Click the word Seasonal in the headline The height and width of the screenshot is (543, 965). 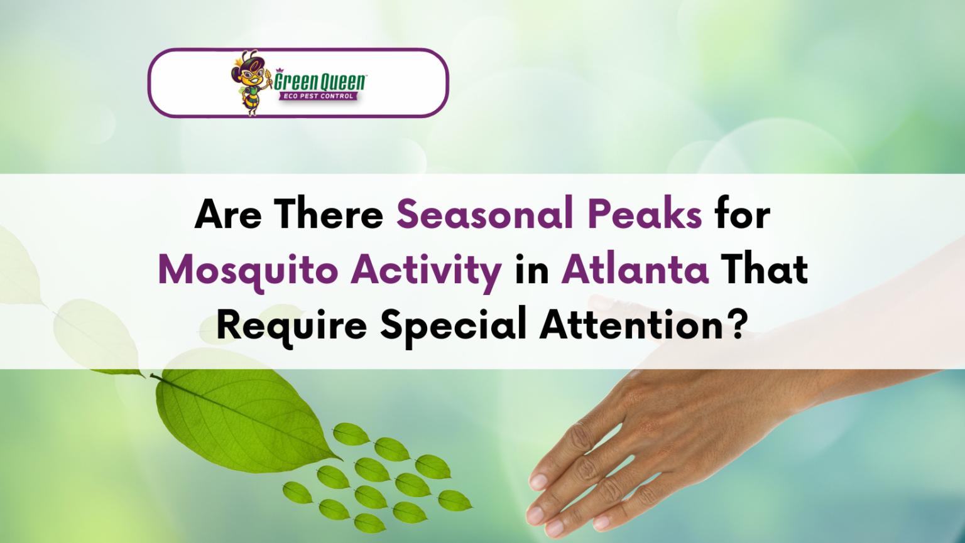coord(486,214)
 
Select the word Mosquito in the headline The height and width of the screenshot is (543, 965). coord(248,271)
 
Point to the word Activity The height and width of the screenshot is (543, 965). coord(426,271)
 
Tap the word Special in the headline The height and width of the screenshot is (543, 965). coord(453,325)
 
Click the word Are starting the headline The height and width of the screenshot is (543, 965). coord(228,214)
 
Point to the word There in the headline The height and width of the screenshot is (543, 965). coord(328,214)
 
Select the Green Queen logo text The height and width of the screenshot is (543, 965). coord(320,81)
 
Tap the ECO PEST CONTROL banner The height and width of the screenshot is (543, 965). coord(319,96)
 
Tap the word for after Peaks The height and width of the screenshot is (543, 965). coord(743,214)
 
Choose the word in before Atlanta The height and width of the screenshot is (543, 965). coord(532,271)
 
